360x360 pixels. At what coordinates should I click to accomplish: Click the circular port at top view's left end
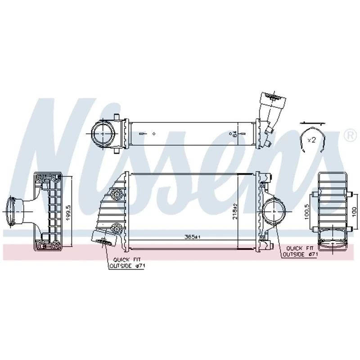pos(103,133)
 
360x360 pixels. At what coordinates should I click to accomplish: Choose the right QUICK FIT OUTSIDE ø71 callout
pos(300,251)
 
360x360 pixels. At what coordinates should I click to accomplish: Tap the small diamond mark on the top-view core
pos(154,133)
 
